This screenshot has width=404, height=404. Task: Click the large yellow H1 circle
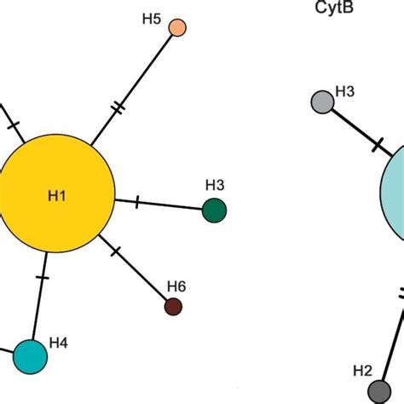point(58,196)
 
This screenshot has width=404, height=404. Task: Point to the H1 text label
point(57,196)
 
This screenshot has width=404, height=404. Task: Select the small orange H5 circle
point(177,28)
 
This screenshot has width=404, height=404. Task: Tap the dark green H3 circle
point(215,210)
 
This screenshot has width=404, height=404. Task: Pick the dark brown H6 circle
point(174,307)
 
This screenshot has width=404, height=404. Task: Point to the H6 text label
point(176,286)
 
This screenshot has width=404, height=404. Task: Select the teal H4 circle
point(30,355)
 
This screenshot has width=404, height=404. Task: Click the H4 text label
point(58,343)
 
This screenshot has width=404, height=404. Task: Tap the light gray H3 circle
point(322,102)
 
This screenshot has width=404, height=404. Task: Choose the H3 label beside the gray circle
point(346,90)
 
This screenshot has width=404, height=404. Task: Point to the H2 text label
point(363,370)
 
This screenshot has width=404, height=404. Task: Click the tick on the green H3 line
point(139,202)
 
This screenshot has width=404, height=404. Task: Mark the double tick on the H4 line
point(43,279)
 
